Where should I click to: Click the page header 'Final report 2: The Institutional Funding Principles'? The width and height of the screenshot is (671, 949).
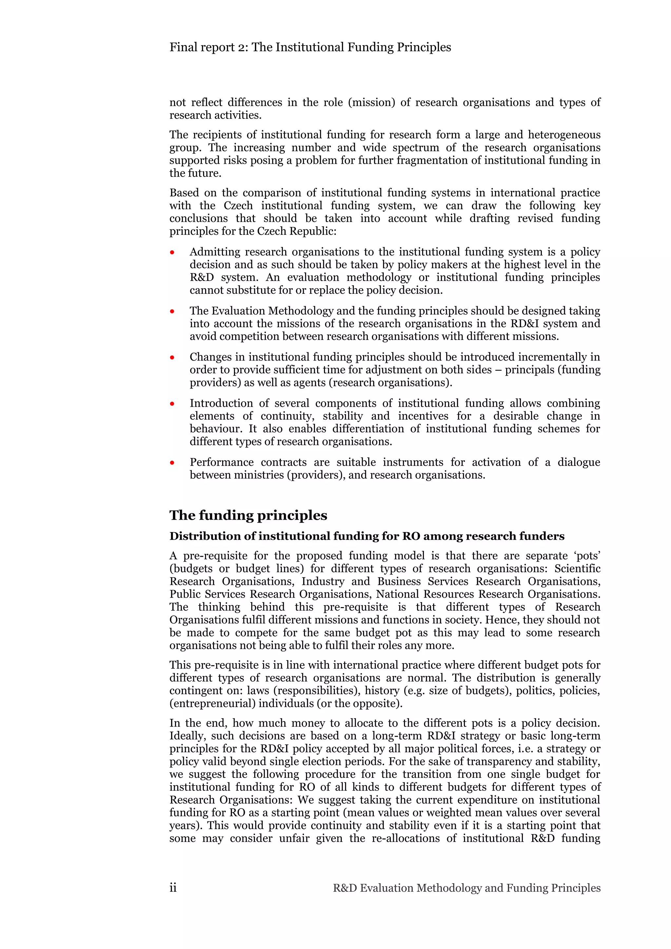point(310,47)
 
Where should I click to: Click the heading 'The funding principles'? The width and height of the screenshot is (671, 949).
point(248,515)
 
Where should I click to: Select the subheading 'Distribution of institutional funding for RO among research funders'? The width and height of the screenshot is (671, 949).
point(367,536)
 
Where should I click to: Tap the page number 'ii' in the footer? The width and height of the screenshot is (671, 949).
point(173,888)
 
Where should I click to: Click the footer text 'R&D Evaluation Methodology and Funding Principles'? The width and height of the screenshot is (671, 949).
point(466,888)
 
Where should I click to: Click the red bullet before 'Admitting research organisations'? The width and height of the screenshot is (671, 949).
point(172,252)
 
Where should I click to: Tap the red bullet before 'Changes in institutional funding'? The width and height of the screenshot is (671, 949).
point(172,358)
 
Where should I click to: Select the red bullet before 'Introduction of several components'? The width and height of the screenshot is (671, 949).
point(172,404)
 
